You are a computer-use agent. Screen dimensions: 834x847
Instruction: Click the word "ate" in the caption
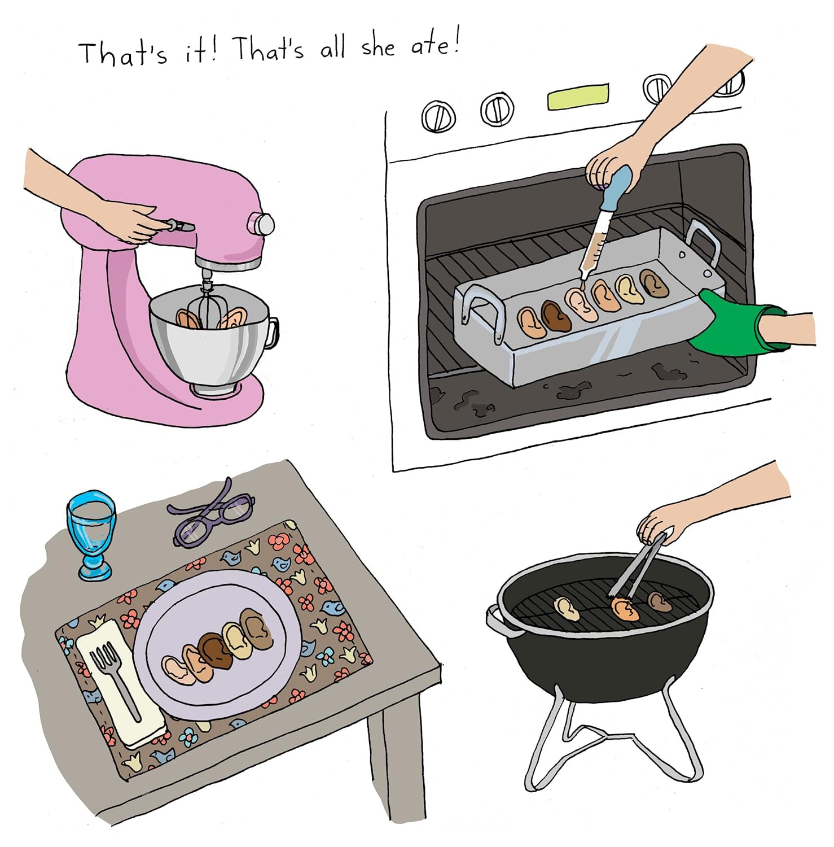click(x=431, y=45)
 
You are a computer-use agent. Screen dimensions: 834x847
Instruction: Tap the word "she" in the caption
click(x=378, y=46)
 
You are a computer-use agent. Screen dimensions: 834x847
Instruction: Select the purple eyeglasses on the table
click(x=212, y=513)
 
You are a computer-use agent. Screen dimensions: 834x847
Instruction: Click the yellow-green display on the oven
click(x=578, y=96)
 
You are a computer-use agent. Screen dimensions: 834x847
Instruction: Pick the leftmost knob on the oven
click(x=438, y=116)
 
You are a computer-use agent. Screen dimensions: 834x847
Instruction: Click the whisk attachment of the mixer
click(x=207, y=305)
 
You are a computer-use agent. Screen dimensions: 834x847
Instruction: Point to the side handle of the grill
click(x=495, y=621)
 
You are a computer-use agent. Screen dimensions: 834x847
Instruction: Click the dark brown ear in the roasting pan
click(x=555, y=315)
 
